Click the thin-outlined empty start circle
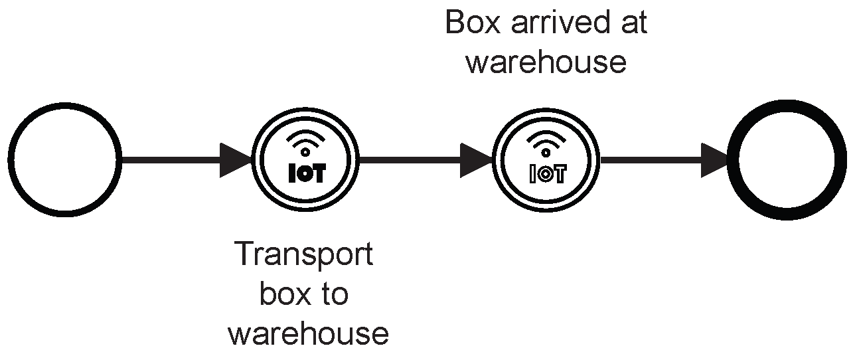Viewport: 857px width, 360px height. (64, 159)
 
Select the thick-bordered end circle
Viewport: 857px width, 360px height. (787, 160)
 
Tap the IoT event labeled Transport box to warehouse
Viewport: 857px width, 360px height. (305, 159)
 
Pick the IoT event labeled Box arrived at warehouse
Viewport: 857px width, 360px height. (546, 159)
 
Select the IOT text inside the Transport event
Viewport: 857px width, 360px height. (305, 174)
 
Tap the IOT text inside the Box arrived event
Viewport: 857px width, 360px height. (546, 174)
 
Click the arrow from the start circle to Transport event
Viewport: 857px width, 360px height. (179, 160)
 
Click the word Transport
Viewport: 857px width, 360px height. (304, 255)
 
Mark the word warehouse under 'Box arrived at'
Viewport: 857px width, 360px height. (546, 62)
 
